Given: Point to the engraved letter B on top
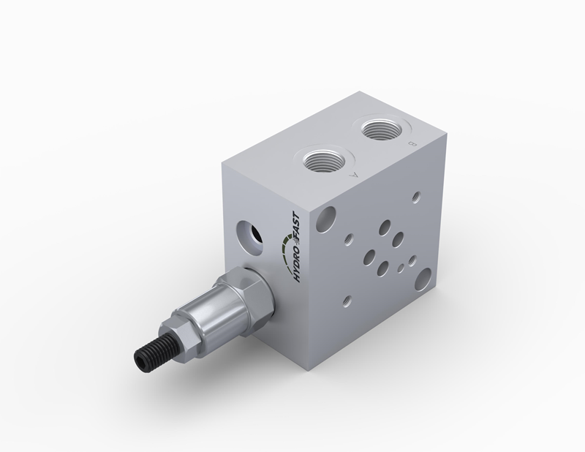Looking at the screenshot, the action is (412, 143).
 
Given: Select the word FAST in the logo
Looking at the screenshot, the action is (296, 225).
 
